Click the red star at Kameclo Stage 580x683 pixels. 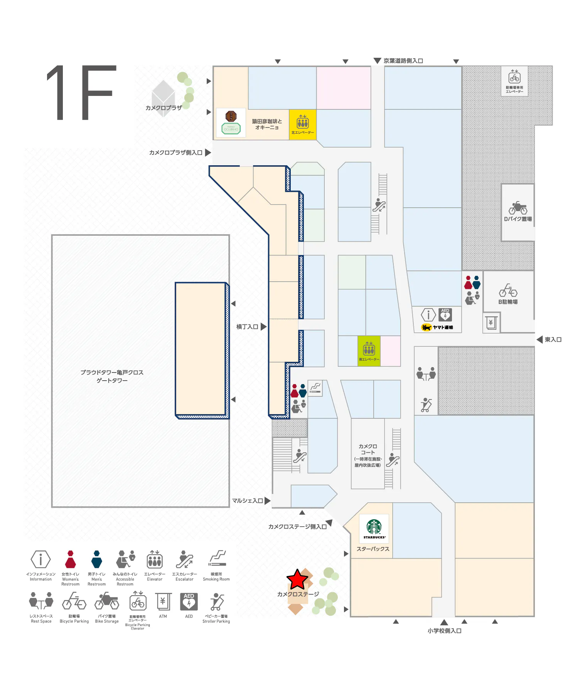tap(297, 579)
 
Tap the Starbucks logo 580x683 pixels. tap(374, 528)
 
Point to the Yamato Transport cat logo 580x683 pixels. tap(426, 327)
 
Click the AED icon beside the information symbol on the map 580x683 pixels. tap(445, 314)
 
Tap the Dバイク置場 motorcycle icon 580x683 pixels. tap(518, 208)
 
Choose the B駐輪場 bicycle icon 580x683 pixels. tap(508, 290)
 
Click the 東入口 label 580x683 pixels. tap(553, 340)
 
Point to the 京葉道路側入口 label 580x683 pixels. tap(403, 61)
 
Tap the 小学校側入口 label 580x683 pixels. tap(444, 631)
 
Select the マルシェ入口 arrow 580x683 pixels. tap(267, 501)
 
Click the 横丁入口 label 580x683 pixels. tap(247, 327)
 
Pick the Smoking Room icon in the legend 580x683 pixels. tap(217, 559)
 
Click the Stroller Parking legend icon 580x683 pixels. tap(217, 602)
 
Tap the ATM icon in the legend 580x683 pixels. tap(163, 601)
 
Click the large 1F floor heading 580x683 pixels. tap(81, 92)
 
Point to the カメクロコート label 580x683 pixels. tap(368, 449)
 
